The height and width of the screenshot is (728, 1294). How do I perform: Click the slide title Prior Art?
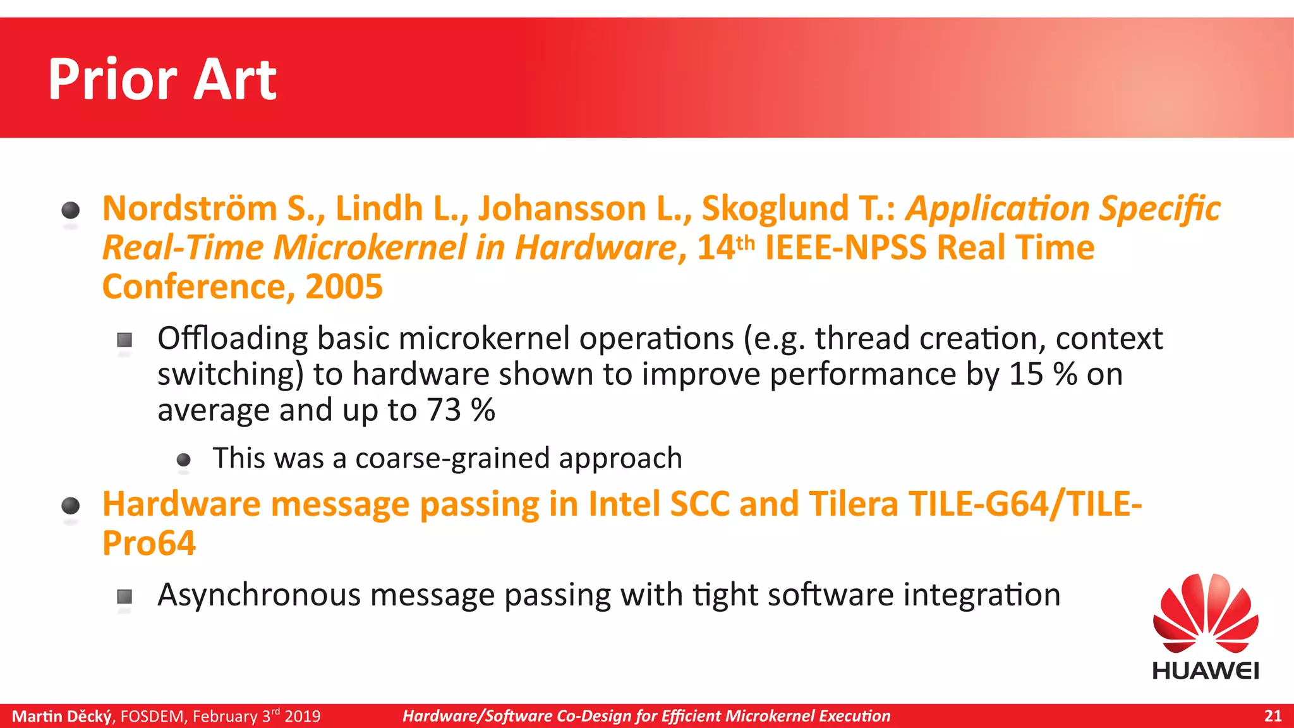point(162,80)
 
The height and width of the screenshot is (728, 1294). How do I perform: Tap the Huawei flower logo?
point(1206,614)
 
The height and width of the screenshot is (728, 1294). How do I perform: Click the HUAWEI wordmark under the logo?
point(1206,670)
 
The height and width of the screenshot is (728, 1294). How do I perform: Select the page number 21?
point(1273,716)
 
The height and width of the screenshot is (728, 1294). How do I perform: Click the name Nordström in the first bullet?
point(190,209)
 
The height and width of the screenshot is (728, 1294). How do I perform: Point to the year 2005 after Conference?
point(344,287)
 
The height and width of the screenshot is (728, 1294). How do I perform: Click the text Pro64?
point(149,543)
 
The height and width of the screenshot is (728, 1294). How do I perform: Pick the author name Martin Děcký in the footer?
point(62,716)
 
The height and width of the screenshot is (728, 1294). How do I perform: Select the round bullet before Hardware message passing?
point(71,506)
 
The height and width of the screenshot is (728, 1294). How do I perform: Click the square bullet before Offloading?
point(124,340)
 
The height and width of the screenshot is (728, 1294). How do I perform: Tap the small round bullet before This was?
point(183,459)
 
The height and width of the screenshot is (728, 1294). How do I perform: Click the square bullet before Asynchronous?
point(124,596)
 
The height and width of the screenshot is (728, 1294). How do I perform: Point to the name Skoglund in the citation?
point(775,209)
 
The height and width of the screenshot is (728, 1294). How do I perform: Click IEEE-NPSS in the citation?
point(845,248)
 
